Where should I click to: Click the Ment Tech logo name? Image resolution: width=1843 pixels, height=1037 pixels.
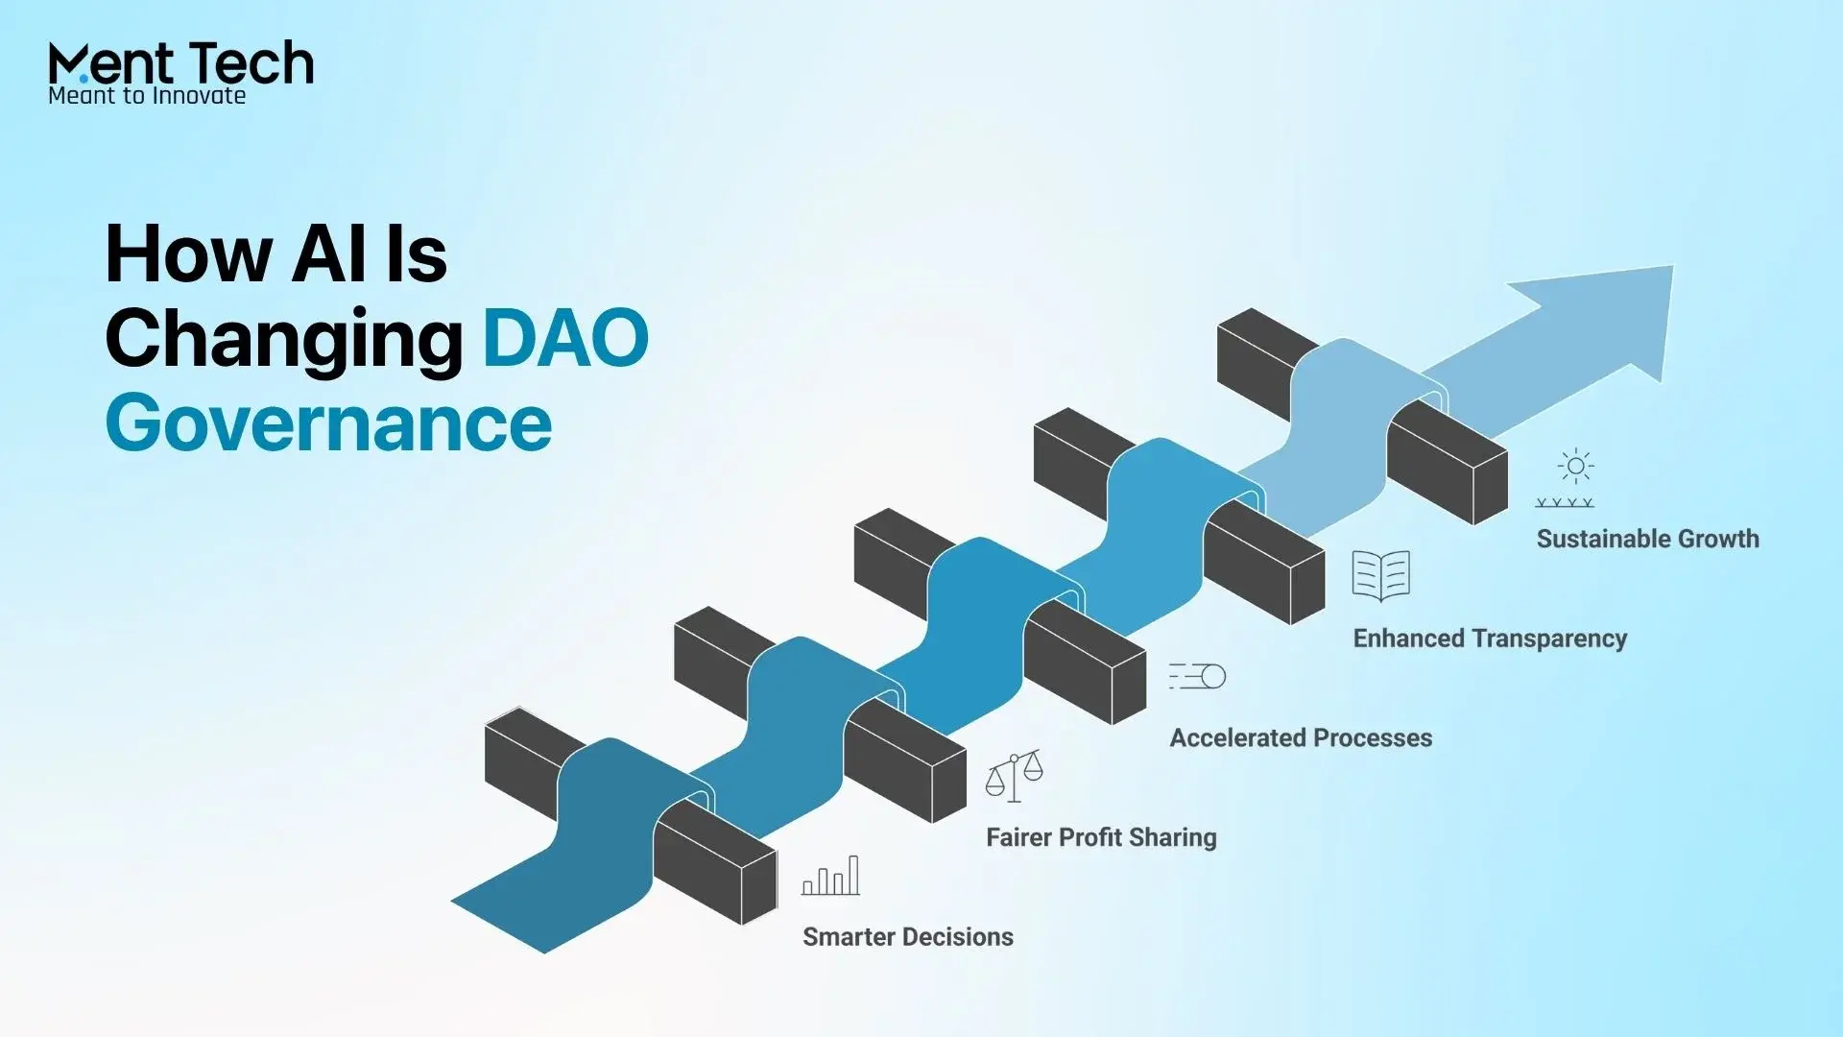180,63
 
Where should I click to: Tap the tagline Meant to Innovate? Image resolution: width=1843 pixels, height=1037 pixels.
147,95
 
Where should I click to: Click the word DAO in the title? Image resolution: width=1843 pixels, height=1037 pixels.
565,337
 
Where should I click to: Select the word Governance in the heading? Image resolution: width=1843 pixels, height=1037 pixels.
328,422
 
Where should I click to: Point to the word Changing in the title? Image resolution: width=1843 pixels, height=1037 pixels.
284,341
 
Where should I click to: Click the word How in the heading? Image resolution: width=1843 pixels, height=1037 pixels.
188,254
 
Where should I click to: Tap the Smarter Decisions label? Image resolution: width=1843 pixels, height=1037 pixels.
908,937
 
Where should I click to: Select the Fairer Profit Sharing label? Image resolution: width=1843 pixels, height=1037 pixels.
1101,837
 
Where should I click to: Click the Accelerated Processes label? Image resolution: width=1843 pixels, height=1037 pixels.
1301,737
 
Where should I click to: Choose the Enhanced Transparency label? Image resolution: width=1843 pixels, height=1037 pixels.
1490,639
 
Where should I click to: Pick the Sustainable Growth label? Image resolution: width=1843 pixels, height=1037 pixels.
1647,539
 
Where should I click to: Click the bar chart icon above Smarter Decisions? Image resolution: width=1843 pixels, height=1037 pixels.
831,876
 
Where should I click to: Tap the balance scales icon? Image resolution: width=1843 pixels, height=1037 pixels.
1014,777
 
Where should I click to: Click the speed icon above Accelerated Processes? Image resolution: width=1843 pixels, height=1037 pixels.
1197,676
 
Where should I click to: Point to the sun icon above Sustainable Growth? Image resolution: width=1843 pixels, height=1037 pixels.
1575,467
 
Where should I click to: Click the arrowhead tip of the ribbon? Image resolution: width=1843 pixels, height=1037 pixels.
1673,266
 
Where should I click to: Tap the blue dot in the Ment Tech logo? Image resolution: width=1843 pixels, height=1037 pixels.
84,77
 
